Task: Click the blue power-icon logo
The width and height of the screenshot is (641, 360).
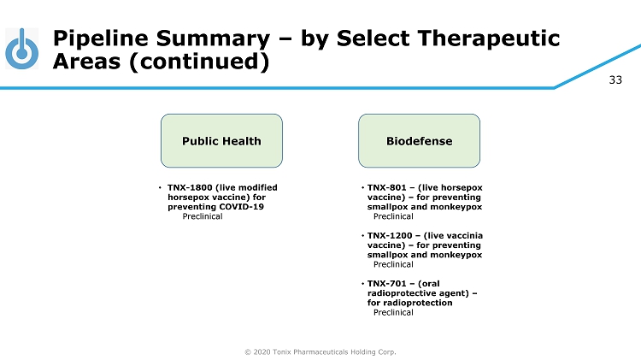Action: click(21, 50)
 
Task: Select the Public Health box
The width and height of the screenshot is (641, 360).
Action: click(221, 140)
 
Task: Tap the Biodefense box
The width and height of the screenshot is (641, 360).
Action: click(419, 140)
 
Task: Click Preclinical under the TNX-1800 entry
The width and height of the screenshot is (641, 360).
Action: click(203, 216)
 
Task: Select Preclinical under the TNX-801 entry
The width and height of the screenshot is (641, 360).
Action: click(393, 216)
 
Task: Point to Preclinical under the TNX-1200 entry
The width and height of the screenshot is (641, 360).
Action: click(393, 264)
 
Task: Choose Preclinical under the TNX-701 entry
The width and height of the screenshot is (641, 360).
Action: click(393, 312)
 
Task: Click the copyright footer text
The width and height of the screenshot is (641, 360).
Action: click(320, 351)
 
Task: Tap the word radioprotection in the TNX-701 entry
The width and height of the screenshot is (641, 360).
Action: click(409, 303)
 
